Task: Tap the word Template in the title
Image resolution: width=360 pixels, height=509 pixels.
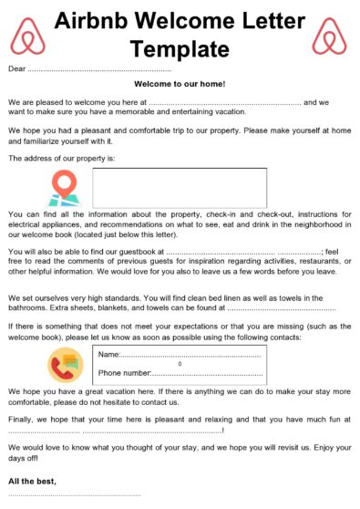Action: coord(180,47)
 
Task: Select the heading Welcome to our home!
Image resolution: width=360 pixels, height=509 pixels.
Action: coord(180,84)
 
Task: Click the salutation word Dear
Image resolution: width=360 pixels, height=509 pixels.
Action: coord(16,68)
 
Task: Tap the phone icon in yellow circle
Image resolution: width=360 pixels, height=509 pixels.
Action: coord(65,364)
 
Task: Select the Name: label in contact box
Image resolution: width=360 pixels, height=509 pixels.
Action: coord(109,354)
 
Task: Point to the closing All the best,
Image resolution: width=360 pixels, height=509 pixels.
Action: coord(32,481)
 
